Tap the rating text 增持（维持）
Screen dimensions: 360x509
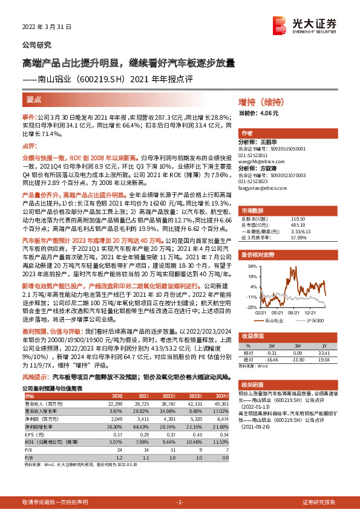261,102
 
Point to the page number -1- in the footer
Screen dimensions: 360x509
179,502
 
